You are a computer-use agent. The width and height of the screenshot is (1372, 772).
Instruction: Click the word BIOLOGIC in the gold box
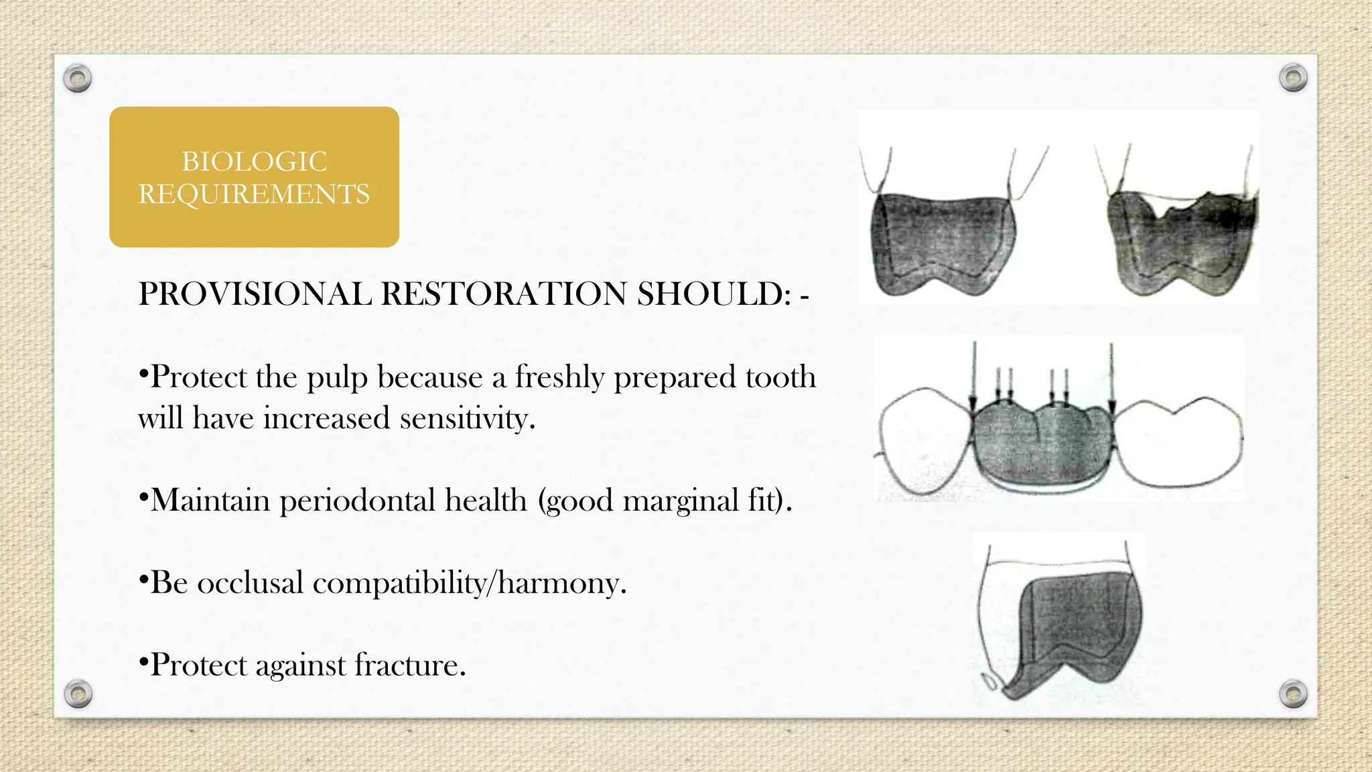pos(254,162)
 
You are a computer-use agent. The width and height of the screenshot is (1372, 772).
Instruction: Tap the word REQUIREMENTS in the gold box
pos(254,194)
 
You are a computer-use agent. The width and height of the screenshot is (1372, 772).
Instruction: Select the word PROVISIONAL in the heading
pos(255,294)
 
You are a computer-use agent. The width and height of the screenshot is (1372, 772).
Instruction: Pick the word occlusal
pos(250,583)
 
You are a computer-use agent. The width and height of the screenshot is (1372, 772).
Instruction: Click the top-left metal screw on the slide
pos(78,79)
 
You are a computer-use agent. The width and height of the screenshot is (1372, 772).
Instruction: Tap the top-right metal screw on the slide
pos(1293,78)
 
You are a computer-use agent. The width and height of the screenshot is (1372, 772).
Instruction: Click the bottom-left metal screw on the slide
pos(78,694)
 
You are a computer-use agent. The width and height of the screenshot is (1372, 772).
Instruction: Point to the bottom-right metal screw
pos(1293,694)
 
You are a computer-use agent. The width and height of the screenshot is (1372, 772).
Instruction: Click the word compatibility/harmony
pos(469,583)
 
